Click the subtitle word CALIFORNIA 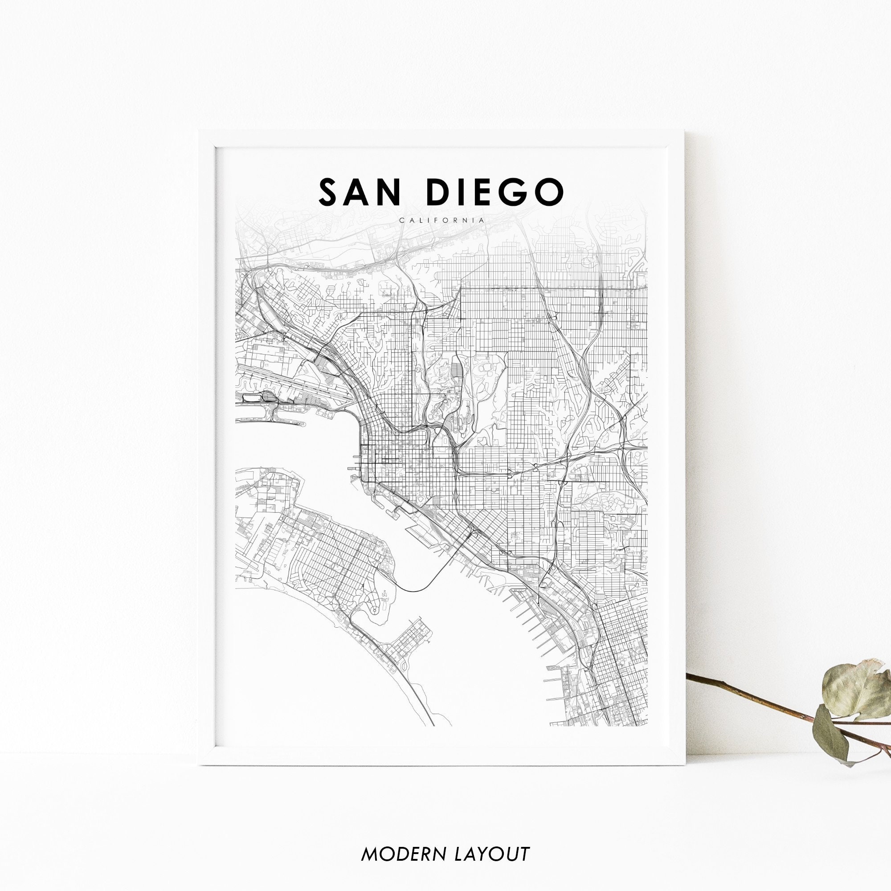pyautogui.click(x=442, y=220)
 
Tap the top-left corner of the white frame pyautogui.click(x=200, y=132)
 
